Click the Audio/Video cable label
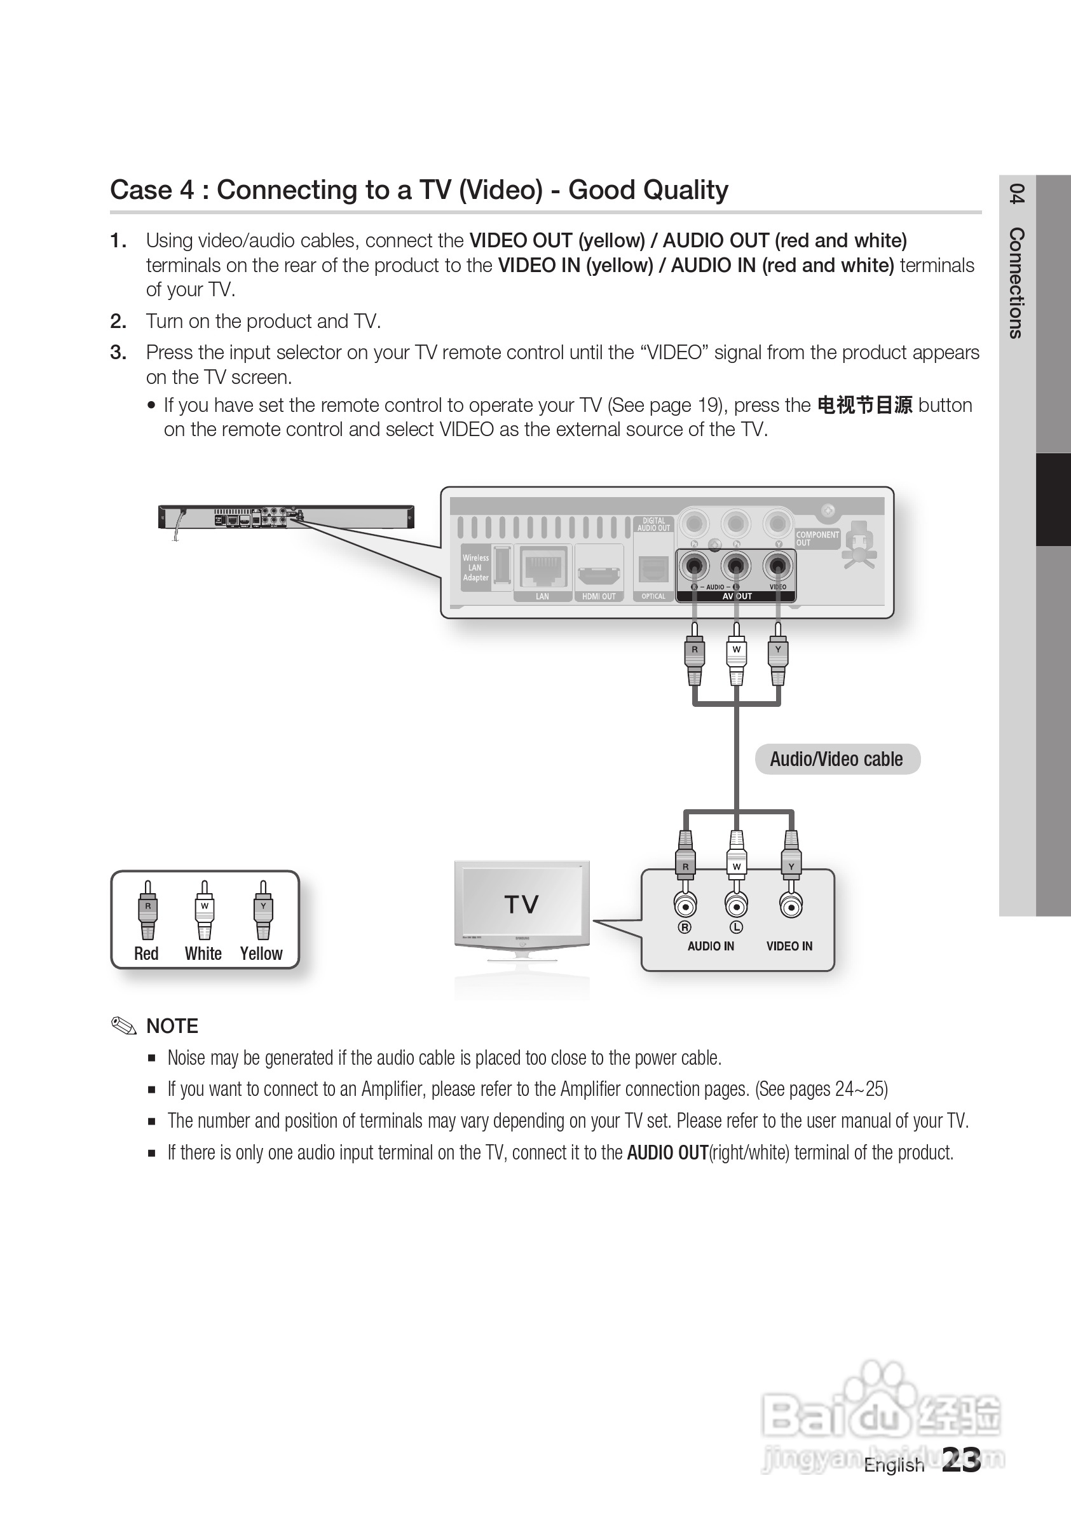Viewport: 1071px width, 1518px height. [837, 759]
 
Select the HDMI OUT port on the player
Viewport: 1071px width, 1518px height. [598, 573]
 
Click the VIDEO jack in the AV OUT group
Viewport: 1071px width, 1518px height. [777, 566]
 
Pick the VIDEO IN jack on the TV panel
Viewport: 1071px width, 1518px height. [791, 905]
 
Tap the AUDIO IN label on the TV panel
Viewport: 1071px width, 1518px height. [711, 946]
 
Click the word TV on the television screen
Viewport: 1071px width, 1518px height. [522, 904]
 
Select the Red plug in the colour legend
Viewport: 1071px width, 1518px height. [147, 911]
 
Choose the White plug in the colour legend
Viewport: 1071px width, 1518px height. [204, 911]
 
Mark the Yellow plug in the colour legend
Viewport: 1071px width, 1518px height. [263, 911]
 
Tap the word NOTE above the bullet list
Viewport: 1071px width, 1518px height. [172, 1026]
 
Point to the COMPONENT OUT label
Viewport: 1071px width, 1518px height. [817, 538]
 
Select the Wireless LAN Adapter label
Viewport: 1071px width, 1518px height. [475, 568]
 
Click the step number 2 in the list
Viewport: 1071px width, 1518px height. [118, 321]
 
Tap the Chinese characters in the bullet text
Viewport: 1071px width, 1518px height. [864, 406]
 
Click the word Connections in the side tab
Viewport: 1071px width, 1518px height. [1017, 283]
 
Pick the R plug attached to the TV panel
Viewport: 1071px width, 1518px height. [686, 859]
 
